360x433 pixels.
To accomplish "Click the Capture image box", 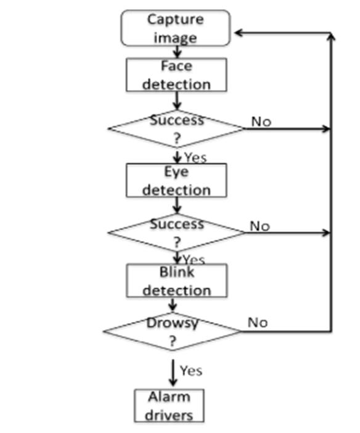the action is tap(176, 28).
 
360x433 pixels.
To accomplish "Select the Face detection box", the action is tap(176, 75).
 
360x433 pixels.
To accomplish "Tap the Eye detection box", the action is tap(176, 180).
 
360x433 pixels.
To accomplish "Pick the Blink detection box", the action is tap(177, 281).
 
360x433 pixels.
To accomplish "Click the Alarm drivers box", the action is tap(170, 406).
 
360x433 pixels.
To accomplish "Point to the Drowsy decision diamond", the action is tap(172, 331).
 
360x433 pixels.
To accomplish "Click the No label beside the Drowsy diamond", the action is tap(258, 323).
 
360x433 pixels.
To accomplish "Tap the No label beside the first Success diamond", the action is tap(261, 122).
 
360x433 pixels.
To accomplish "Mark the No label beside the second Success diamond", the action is tap(260, 226).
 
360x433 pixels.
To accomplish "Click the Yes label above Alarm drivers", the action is tap(191, 371).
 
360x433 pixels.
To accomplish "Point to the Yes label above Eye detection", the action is tap(195, 158).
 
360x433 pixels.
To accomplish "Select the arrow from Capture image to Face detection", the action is tap(177, 52).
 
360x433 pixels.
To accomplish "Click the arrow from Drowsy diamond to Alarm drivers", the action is tap(173, 373).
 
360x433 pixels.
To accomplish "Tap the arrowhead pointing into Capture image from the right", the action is tap(238, 33).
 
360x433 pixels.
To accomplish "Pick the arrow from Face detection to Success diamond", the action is tap(177, 101).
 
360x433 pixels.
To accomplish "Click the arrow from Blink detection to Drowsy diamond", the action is tap(173, 305).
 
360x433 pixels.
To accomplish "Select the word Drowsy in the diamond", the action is tap(172, 323).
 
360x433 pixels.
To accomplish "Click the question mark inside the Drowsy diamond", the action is tap(172, 341).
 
